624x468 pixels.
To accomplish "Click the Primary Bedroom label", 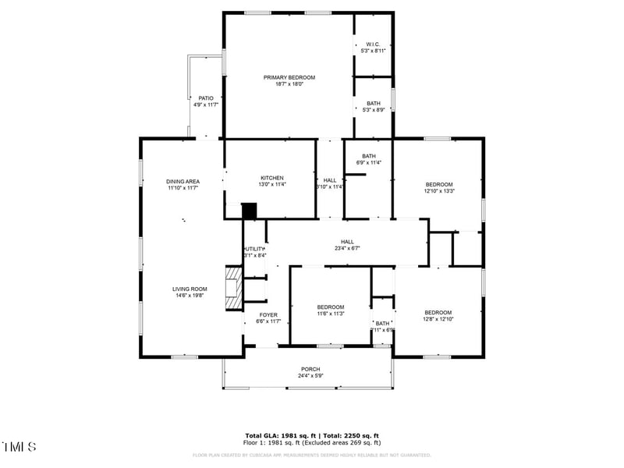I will click(289, 77).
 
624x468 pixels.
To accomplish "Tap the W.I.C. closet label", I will click(373, 44).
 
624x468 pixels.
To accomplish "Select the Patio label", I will click(205, 98).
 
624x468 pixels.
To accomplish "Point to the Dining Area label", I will click(183, 181).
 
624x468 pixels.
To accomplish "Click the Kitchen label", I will click(271, 178).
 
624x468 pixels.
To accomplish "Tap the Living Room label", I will click(190, 289).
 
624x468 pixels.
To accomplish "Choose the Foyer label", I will click(268, 314).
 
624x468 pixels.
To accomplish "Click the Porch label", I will click(310, 369).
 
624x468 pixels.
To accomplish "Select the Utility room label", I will click(255, 249).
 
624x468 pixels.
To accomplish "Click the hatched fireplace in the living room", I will click(233, 289).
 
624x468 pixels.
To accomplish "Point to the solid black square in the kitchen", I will click(249, 211).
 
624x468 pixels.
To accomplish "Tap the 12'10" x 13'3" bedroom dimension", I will click(438, 190).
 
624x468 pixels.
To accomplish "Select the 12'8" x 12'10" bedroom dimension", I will click(438, 319).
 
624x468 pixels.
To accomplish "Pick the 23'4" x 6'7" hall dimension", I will click(347, 248).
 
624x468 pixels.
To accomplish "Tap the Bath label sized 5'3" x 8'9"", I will click(374, 104).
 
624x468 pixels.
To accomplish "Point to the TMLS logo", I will click(19, 447).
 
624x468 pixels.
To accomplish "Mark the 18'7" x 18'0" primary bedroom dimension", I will click(289, 84).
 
